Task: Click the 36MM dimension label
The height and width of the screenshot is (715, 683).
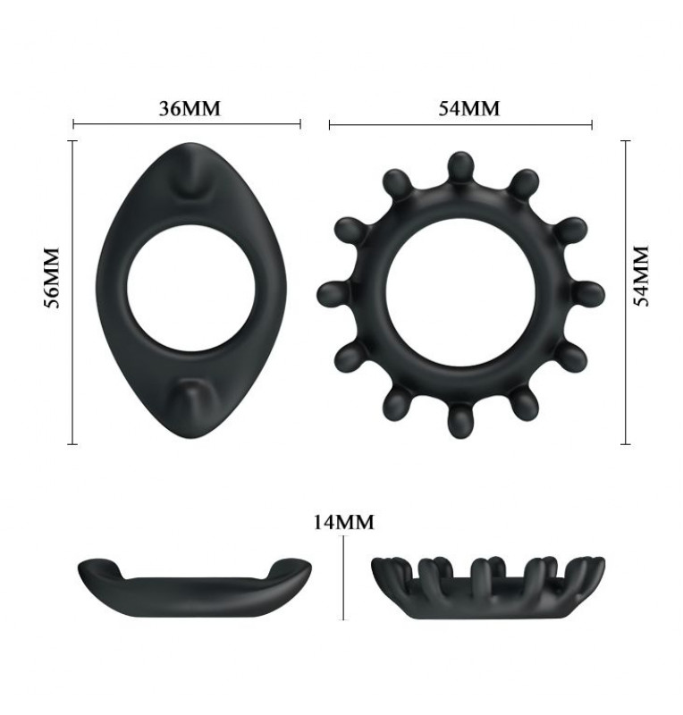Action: (x=190, y=108)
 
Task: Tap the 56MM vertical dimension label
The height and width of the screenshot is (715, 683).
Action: (x=52, y=278)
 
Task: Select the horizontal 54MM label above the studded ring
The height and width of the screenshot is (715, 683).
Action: (x=469, y=108)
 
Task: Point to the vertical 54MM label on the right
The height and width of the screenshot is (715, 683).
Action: (x=641, y=276)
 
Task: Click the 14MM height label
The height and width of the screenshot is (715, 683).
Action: (x=343, y=522)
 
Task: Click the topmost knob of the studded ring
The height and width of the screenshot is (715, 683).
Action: (x=460, y=167)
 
